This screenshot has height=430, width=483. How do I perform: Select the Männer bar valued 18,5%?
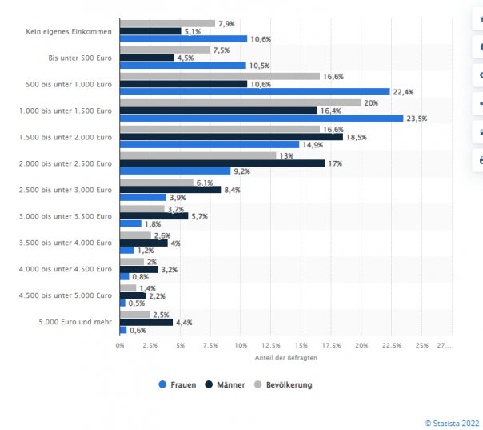[x=231, y=137]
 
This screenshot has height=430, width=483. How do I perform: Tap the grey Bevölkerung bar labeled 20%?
[x=240, y=102]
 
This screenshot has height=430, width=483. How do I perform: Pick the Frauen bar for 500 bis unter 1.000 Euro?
[x=254, y=91]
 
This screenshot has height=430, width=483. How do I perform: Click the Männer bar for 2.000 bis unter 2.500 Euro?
[x=222, y=163]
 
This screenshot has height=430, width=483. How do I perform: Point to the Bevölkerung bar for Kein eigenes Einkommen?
[x=167, y=23]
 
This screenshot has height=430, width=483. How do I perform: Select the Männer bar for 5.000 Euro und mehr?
[x=146, y=322]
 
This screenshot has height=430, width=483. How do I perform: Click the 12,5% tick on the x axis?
[x=270, y=345]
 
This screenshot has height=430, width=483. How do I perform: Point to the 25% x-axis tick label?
[x=422, y=345]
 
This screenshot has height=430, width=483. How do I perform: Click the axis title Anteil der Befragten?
[x=285, y=357]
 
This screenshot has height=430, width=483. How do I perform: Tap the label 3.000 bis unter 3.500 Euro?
[x=69, y=216]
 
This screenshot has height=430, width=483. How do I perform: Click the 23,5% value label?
[x=417, y=119]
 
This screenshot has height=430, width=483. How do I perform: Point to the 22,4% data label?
[x=403, y=92]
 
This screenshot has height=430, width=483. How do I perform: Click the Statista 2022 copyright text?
[x=453, y=421]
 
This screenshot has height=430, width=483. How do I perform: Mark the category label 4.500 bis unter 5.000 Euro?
[x=69, y=295]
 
